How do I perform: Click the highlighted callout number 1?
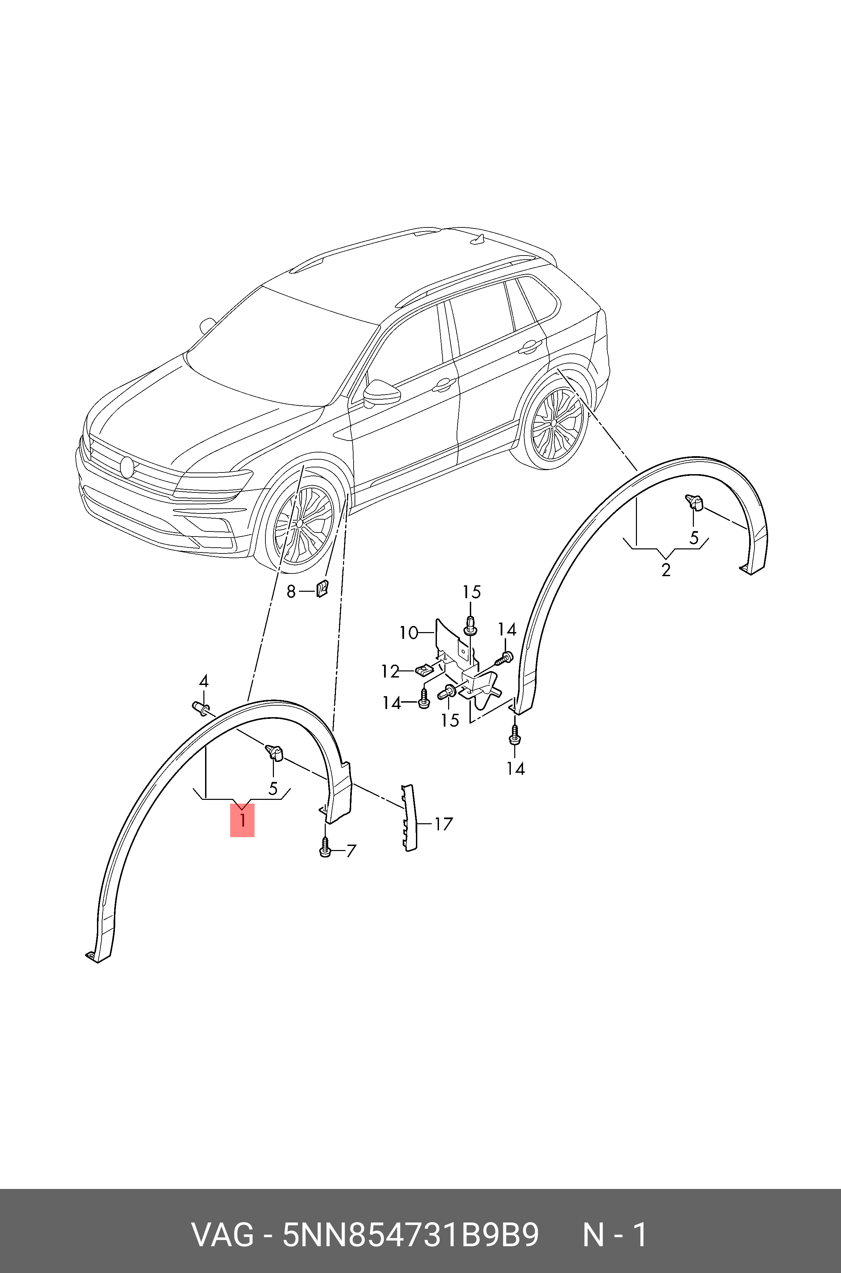(242, 820)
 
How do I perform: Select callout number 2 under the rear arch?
(666, 569)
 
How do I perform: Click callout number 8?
(291, 591)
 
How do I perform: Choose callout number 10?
(409, 633)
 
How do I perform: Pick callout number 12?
(391, 671)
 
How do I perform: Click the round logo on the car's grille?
(127, 466)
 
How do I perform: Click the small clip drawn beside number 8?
(322, 588)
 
